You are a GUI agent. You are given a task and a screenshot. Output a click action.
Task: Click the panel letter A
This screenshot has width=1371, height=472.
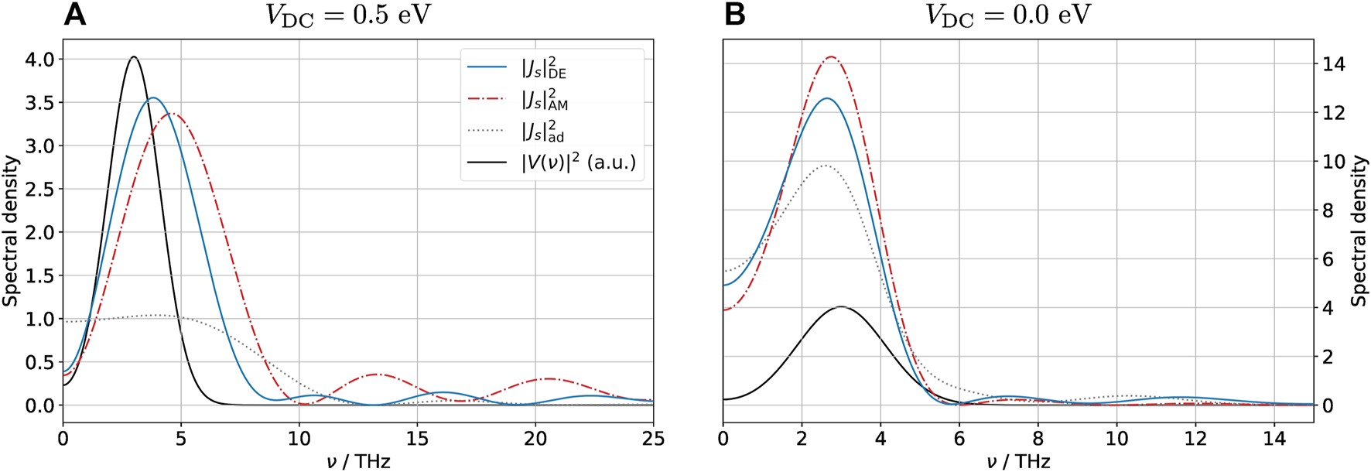74,15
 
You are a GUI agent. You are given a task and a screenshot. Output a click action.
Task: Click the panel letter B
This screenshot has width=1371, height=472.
734,15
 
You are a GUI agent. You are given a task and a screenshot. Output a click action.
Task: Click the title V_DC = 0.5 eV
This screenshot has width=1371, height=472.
347,16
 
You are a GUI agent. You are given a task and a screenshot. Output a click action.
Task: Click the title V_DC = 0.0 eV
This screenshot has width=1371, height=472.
1007,16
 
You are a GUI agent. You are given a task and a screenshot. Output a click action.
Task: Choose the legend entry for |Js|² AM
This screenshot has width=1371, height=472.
544,100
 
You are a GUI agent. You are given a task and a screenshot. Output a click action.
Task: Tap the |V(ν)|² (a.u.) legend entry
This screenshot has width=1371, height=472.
577,162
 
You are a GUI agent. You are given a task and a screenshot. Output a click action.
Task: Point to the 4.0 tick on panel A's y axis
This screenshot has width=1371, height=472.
39,60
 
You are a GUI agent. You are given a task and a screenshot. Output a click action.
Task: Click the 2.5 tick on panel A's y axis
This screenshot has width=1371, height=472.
39,190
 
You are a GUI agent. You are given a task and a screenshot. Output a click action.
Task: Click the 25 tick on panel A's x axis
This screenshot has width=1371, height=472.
653,440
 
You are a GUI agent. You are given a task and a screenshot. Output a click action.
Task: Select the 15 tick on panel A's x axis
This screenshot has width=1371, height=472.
417,440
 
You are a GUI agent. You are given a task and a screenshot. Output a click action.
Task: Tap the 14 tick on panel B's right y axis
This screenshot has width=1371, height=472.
1334,64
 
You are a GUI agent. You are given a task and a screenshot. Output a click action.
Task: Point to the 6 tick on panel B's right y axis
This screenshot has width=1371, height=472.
1329,259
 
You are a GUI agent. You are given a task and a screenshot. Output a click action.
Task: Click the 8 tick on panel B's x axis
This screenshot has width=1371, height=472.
1038,440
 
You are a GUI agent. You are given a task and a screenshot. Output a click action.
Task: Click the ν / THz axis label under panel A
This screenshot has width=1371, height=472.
357,462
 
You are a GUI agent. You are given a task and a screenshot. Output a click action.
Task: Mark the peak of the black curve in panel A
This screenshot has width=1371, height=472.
134,56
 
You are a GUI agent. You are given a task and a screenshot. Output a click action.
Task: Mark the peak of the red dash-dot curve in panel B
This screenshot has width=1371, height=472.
831,56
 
